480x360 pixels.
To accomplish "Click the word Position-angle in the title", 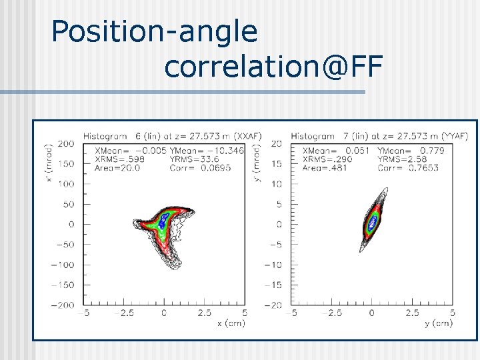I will tap(154, 32).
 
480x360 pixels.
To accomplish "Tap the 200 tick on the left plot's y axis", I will tap(65, 143).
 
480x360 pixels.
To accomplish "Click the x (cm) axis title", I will tap(231, 323).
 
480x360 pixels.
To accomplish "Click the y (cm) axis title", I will tap(438, 323).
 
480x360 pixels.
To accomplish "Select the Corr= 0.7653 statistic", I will tap(407, 168).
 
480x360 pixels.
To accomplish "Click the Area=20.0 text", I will tap(117, 168).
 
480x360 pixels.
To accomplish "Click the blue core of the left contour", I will tap(161, 222).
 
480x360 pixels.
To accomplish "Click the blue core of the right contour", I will tap(373, 221).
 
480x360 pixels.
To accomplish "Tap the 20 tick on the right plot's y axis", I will tap(277, 143).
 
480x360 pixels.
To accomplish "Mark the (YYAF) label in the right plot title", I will tap(454, 136).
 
